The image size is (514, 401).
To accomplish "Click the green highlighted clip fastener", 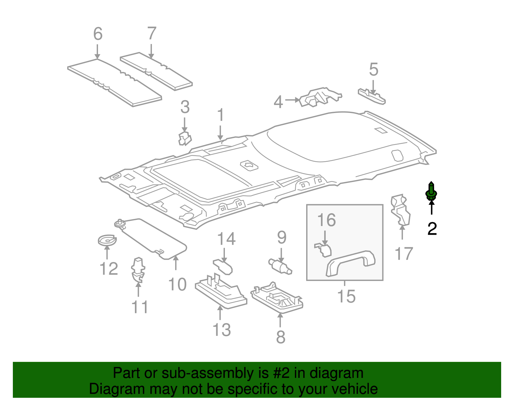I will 431,192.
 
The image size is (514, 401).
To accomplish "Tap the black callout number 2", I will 432,229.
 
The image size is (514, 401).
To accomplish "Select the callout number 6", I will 98,34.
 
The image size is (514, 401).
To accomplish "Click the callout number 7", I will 152,33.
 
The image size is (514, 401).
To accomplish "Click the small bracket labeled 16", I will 323,250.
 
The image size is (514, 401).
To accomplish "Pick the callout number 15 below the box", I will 346,296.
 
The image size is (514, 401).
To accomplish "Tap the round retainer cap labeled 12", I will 107,240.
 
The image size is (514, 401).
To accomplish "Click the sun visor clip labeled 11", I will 138,269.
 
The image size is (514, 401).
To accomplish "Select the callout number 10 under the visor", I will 177,284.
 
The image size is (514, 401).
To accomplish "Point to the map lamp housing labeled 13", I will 221,291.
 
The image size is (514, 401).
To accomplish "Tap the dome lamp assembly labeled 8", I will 277,297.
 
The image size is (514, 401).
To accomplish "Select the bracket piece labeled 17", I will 400,210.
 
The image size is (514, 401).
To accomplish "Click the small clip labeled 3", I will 184,138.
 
